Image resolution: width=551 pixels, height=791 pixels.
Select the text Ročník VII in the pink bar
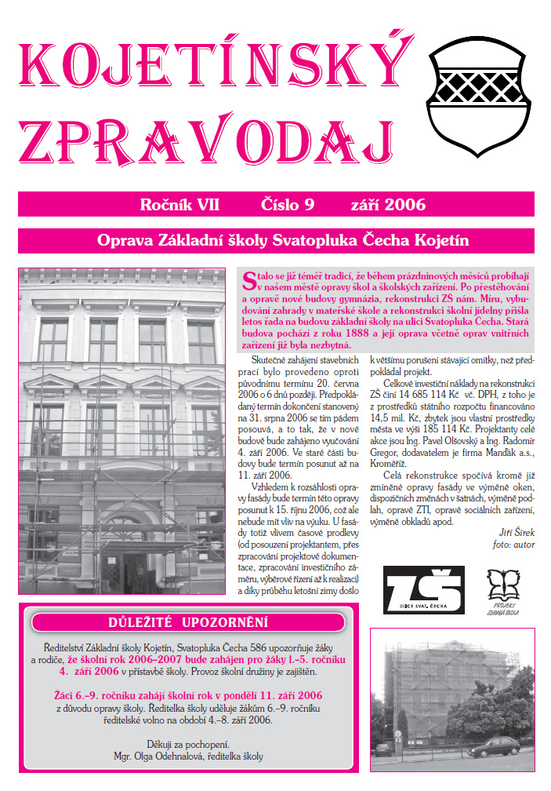(x=179, y=206)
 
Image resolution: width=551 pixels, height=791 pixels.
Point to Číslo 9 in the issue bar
(x=287, y=206)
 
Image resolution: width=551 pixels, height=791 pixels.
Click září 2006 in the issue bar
(x=389, y=206)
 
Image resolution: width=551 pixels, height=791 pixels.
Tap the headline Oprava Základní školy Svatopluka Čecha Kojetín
(x=276, y=240)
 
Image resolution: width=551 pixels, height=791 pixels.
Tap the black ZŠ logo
(x=423, y=589)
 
